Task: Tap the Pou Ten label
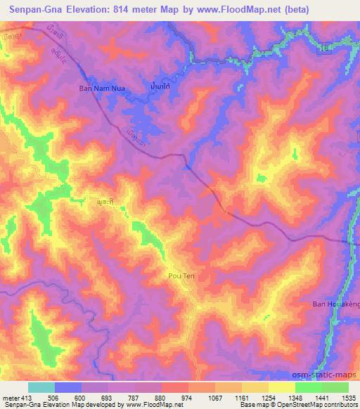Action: tap(181, 276)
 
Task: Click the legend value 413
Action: tap(28, 397)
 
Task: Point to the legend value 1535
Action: tap(348, 397)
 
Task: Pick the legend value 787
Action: tap(134, 397)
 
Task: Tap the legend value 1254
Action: tap(268, 397)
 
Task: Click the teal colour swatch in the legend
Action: tap(41, 387)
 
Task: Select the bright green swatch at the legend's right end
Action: tap(335, 387)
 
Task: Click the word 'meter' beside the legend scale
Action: tap(11, 397)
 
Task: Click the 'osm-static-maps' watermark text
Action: tap(328, 376)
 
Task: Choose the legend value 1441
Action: tap(321, 397)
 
